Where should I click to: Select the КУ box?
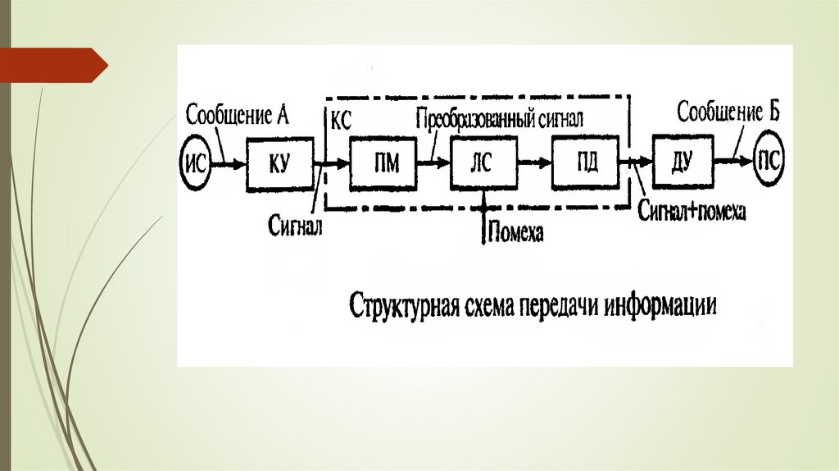coord(279,164)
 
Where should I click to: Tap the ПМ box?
coord(383,163)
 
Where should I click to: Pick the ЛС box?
coord(483,163)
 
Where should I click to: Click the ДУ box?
coord(683,163)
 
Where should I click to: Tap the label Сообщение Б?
coord(728,112)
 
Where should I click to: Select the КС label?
coord(341,120)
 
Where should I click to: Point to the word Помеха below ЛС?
coord(515,234)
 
